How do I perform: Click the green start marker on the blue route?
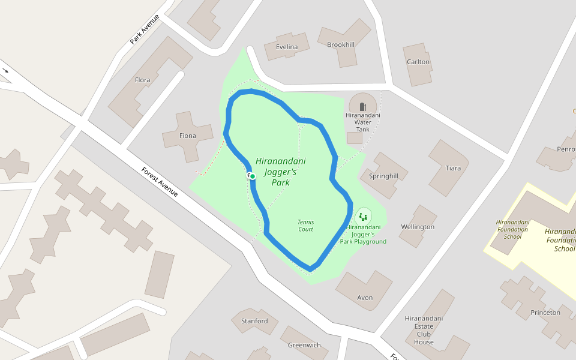tap(253, 176)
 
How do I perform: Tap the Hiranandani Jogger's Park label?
tap(280, 172)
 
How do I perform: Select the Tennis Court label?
tap(305, 225)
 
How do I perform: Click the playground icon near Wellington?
tap(362, 217)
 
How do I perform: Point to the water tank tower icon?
tap(363, 106)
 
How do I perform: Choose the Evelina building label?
tap(287, 47)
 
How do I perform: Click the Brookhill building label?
tap(341, 44)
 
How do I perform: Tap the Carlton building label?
tap(418, 62)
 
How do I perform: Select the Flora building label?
tap(143, 80)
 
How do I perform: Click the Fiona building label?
tap(188, 136)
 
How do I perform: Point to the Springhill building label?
tap(383, 176)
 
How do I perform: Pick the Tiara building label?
tap(454, 168)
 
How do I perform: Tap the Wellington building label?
tap(418, 227)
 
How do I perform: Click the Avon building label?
tap(365, 298)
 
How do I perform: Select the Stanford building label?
tap(254, 321)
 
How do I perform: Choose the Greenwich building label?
tap(304, 345)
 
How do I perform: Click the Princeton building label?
tap(545, 313)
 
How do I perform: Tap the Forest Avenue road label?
tap(160, 182)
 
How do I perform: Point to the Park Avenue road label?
tap(144, 29)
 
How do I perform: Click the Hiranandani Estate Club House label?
tap(424, 330)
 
